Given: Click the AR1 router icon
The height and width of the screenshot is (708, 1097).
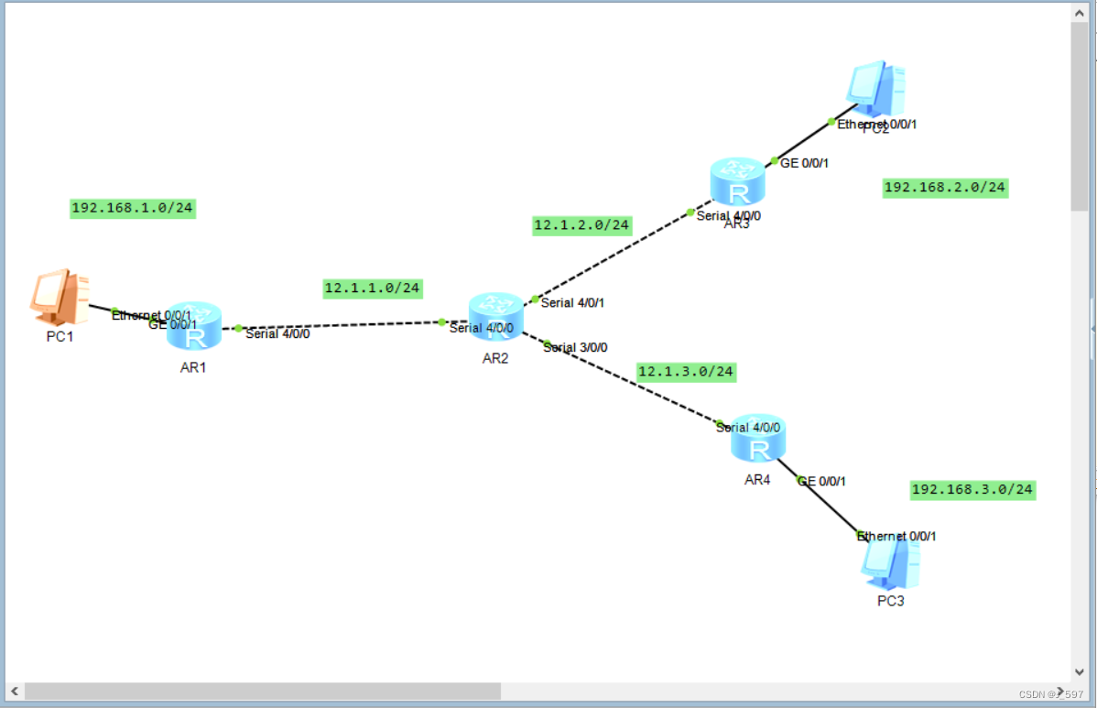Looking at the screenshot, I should pyautogui.click(x=194, y=326).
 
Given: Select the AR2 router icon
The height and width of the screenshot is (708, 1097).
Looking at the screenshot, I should pyautogui.click(x=495, y=317).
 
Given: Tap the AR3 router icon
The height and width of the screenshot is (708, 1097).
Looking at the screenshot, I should pyautogui.click(x=737, y=181).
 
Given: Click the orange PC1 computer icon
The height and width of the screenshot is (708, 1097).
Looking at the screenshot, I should pyautogui.click(x=60, y=297).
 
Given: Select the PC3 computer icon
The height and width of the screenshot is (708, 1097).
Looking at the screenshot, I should pyautogui.click(x=890, y=562).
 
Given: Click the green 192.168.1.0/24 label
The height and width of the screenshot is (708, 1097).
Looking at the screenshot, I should pyautogui.click(x=133, y=208).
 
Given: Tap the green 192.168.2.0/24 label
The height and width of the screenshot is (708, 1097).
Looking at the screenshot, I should pyautogui.click(x=945, y=188).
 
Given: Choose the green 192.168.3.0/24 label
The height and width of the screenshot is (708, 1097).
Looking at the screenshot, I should pyautogui.click(x=972, y=489).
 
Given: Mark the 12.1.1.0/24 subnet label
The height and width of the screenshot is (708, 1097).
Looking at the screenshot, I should pyautogui.click(x=373, y=289).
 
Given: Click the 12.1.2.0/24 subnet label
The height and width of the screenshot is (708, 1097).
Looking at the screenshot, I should pyautogui.click(x=582, y=224).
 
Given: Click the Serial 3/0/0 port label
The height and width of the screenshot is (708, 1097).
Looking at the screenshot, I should pyautogui.click(x=575, y=347).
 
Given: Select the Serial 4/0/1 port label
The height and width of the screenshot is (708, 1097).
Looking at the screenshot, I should pyautogui.click(x=572, y=302).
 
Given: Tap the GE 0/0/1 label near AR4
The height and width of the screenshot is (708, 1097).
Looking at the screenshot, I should pyautogui.click(x=821, y=481).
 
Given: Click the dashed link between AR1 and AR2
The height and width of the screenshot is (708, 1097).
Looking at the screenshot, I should pyautogui.click(x=339, y=325).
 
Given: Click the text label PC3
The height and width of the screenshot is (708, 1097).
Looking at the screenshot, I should pyautogui.click(x=890, y=601).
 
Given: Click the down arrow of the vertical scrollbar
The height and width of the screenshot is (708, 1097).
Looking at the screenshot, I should pyautogui.click(x=1080, y=671).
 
